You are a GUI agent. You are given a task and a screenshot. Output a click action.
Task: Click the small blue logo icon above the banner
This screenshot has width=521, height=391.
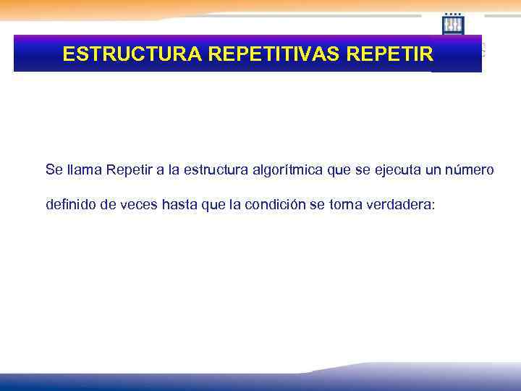(x=453, y=25)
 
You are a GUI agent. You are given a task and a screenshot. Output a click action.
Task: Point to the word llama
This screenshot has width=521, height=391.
(x=85, y=170)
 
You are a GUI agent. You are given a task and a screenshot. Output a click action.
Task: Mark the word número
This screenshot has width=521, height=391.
(x=470, y=170)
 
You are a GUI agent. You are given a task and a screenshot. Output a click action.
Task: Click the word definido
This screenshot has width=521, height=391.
(x=70, y=205)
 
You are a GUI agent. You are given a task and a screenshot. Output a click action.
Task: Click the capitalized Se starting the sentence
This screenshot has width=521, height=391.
(x=54, y=170)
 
